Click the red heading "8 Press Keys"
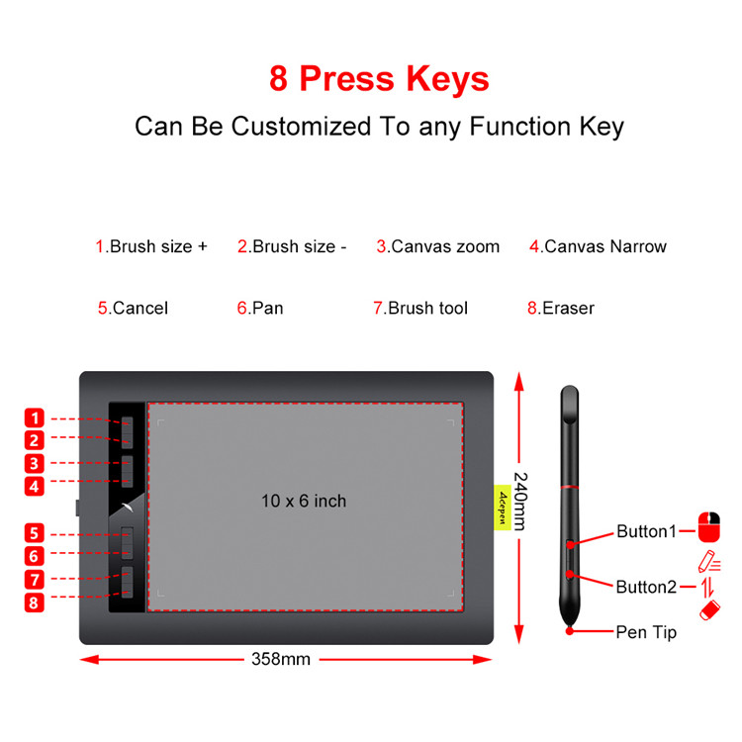coord(379,78)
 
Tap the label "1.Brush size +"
coord(151,246)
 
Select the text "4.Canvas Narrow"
coord(598,246)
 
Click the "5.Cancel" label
coord(133,308)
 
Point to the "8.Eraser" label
coord(560,308)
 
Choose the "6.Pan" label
coord(260,308)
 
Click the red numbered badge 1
coord(35,417)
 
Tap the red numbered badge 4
coord(35,486)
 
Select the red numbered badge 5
coord(35,533)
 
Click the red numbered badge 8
coord(35,602)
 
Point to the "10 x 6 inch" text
coord(304,501)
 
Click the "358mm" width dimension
coord(282,659)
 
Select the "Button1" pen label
coord(646,531)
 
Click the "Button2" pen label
coord(646,587)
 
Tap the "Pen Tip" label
coord(646,631)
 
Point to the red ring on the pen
coord(569,487)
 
